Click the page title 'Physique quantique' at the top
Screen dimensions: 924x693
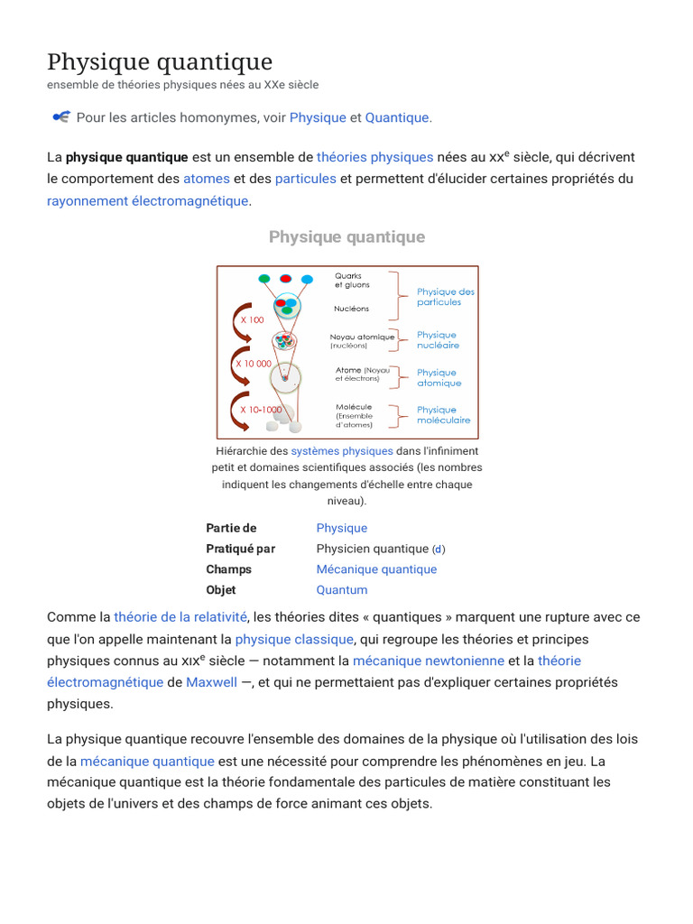[160, 61]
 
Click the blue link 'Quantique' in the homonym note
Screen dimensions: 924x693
[397, 117]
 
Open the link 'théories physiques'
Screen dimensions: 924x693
[375, 157]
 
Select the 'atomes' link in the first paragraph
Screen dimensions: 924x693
[207, 179]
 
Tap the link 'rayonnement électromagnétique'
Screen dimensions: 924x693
[147, 200]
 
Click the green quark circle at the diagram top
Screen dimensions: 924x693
[264, 278]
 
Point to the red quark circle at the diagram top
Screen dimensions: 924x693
[286, 278]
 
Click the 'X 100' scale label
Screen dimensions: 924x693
[252, 320]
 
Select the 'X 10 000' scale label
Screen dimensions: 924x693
[254, 364]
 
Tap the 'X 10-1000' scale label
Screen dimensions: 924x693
[261, 410]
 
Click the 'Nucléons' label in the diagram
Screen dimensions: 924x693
[352, 309]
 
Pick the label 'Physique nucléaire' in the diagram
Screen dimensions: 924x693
[438, 340]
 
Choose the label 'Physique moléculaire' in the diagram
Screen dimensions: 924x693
[443, 415]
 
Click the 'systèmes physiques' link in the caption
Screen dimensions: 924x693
[342, 450]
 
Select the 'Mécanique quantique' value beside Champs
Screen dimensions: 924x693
[376, 569]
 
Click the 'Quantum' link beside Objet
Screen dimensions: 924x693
[342, 590]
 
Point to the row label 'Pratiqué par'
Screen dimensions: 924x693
[241, 549]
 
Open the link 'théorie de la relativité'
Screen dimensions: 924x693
[180, 617]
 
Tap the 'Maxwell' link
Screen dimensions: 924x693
[212, 682]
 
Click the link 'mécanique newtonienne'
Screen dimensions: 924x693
[429, 661]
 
